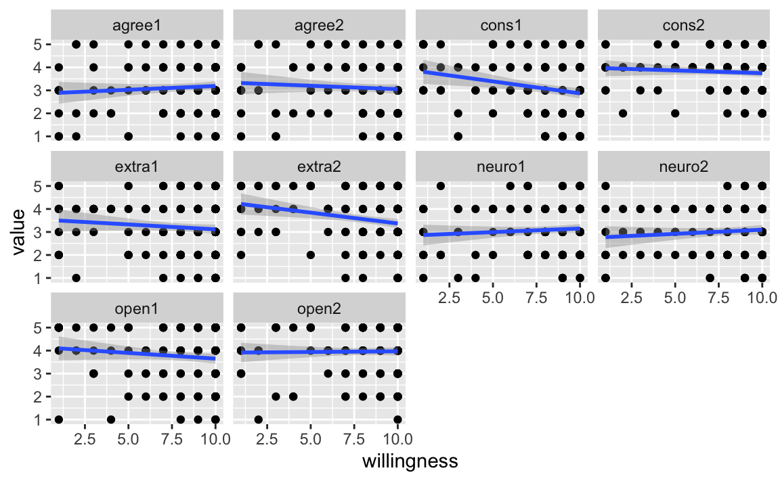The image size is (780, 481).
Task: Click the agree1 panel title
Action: coord(137,25)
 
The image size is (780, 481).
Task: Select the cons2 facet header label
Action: coord(683,25)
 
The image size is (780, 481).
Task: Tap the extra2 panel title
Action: coord(319,167)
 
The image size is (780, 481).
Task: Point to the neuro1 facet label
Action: coord(501,167)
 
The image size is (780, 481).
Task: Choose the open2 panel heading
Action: coord(319,309)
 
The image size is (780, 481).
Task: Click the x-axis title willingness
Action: coord(410,461)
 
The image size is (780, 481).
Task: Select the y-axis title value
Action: coord(18,232)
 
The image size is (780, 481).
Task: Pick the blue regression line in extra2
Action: coord(319,214)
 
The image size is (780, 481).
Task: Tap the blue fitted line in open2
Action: coord(319,351)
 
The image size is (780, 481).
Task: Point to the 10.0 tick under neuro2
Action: coord(762,298)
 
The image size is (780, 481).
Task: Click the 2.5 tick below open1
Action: coord(85,439)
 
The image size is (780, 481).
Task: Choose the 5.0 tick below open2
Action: coord(310,439)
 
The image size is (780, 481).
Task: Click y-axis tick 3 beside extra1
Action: coord(38,232)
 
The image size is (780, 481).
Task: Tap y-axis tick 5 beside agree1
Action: coord(38,44)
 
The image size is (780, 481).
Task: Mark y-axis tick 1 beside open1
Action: coord(38,420)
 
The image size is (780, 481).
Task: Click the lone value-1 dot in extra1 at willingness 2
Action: coord(76,278)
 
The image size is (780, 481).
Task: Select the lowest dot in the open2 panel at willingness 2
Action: coord(258,420)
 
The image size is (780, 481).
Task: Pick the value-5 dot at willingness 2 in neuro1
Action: coord(440,186)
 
